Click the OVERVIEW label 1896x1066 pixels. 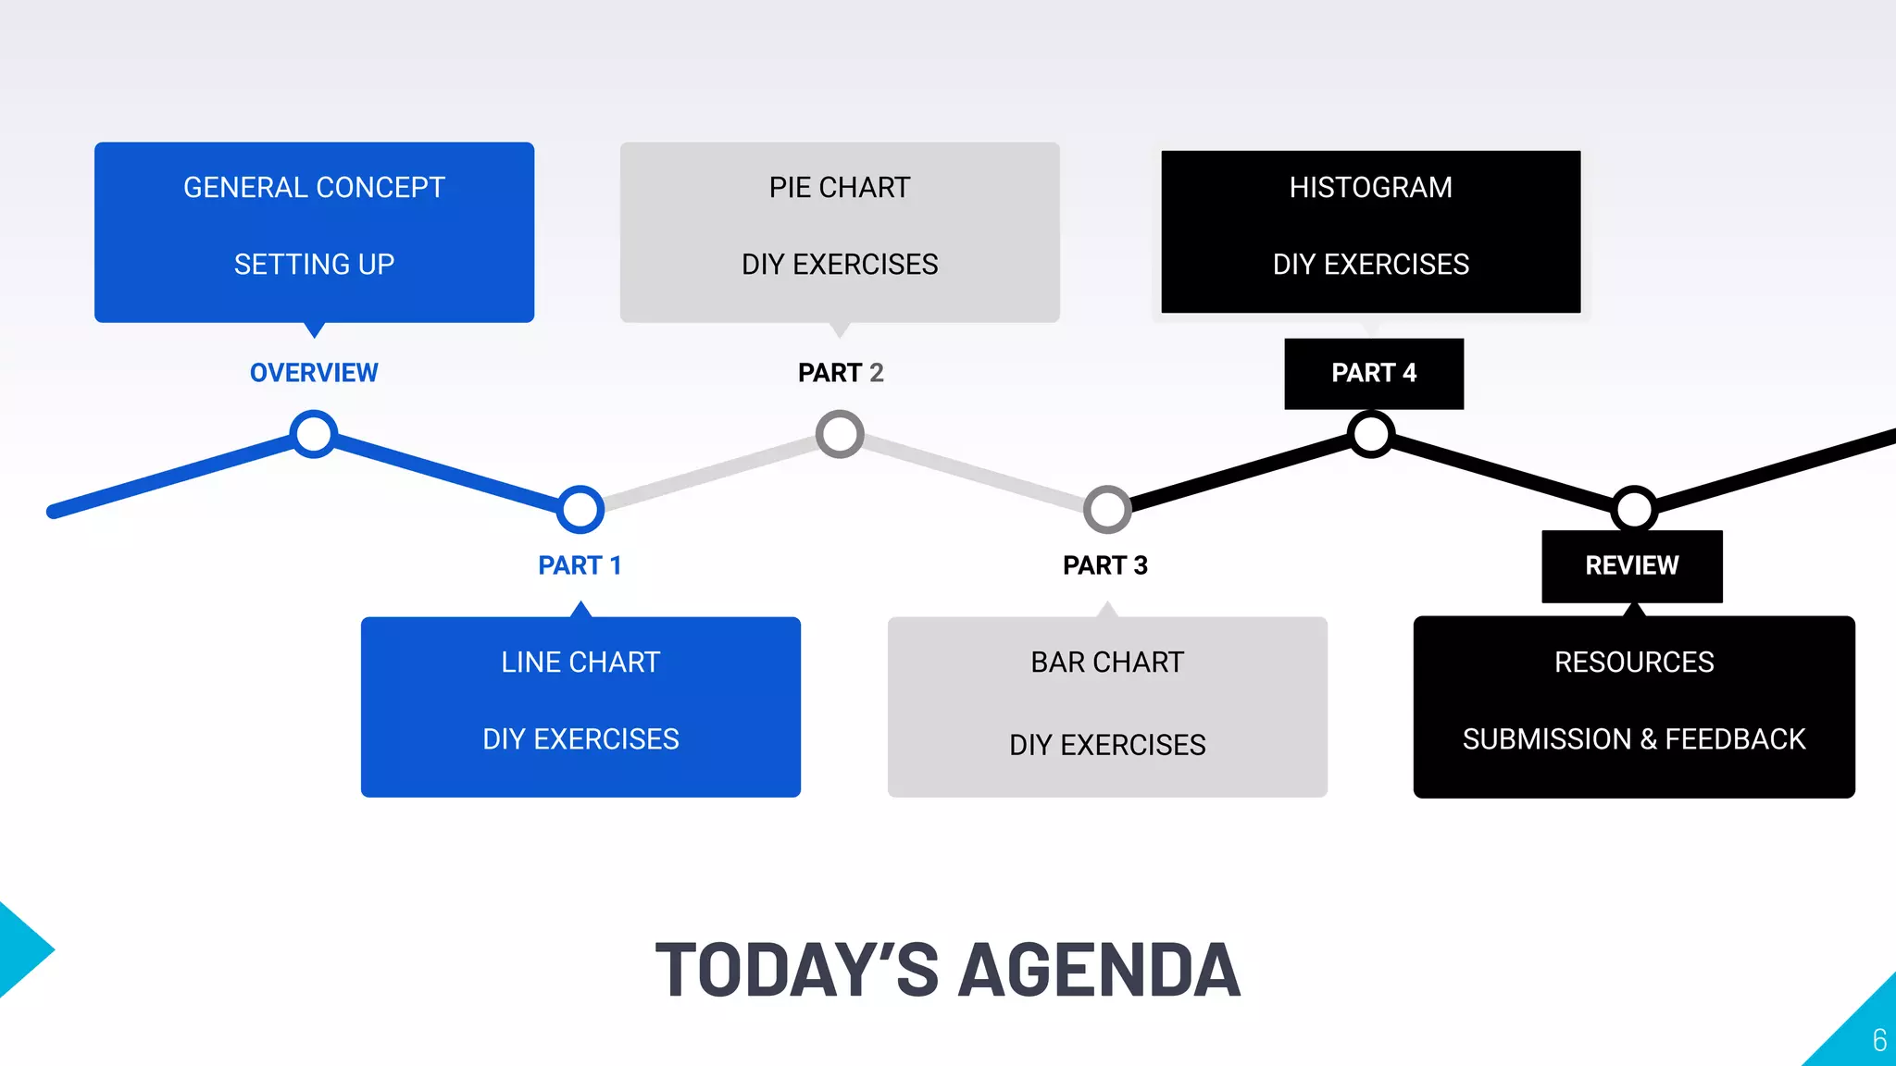point(314,373)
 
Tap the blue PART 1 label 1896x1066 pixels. point(580,565)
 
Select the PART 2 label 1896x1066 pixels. point(841,373)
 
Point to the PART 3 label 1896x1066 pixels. point(1105,565)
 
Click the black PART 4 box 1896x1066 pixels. point(1374,374)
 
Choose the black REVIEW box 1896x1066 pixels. point(1632,565)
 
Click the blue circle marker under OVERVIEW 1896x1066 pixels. point(314,434)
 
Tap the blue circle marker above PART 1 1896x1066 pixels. point(580,509)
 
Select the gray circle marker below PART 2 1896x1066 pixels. point(840,434)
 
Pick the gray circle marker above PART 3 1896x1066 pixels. point(1107,509)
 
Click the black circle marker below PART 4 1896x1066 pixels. point(1371,434)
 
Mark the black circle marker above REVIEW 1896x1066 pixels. point(1634,509)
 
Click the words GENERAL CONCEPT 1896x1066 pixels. point(314,188)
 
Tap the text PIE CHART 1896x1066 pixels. point(840,188)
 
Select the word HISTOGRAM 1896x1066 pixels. point(1371,188)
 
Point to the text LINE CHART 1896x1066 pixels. point(580,663)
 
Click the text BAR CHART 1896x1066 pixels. point(1107,663)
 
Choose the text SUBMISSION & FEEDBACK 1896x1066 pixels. point(1634,739)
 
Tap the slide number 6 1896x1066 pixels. point(1879,1040)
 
